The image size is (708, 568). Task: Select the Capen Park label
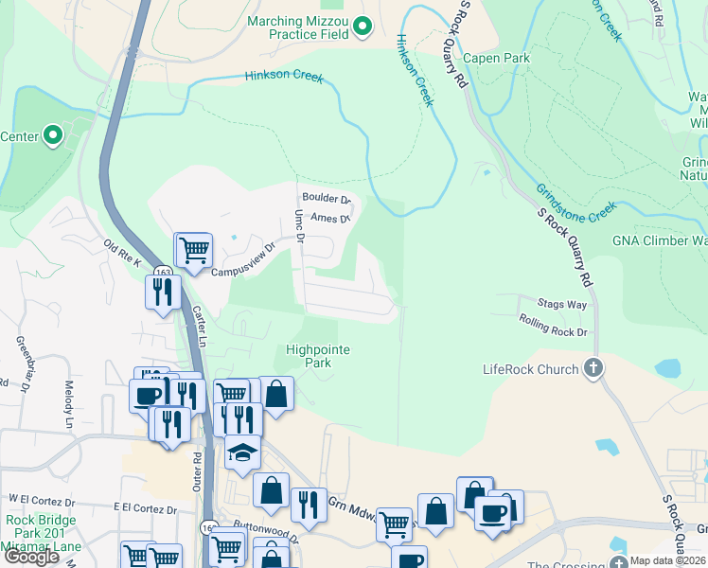pyautogui.click(x=496, y=58)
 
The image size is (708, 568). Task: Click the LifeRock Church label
pyautogui.click(x=530, y=369)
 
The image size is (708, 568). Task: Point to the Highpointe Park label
pyautogui.click(x=318, y=356)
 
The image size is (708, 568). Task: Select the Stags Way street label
pyautogui.click(x=561, y=305)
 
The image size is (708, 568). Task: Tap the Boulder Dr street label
pyautogui.click(x=327, y=200)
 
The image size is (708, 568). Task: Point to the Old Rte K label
pyautogui.click(x=123, y=254)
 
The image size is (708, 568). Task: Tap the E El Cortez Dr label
pyautogui.click(x=145, y=508)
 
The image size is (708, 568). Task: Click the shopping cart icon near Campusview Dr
pyautogui.click(x=194, y=251)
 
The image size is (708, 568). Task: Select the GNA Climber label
pyautogui.click(x=661, y=240)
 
